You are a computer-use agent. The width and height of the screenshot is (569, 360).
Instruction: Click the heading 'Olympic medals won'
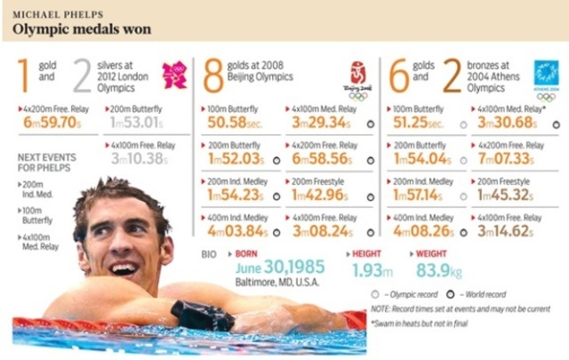coord(82,29)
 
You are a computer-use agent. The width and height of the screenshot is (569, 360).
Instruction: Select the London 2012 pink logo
coord(174,75)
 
